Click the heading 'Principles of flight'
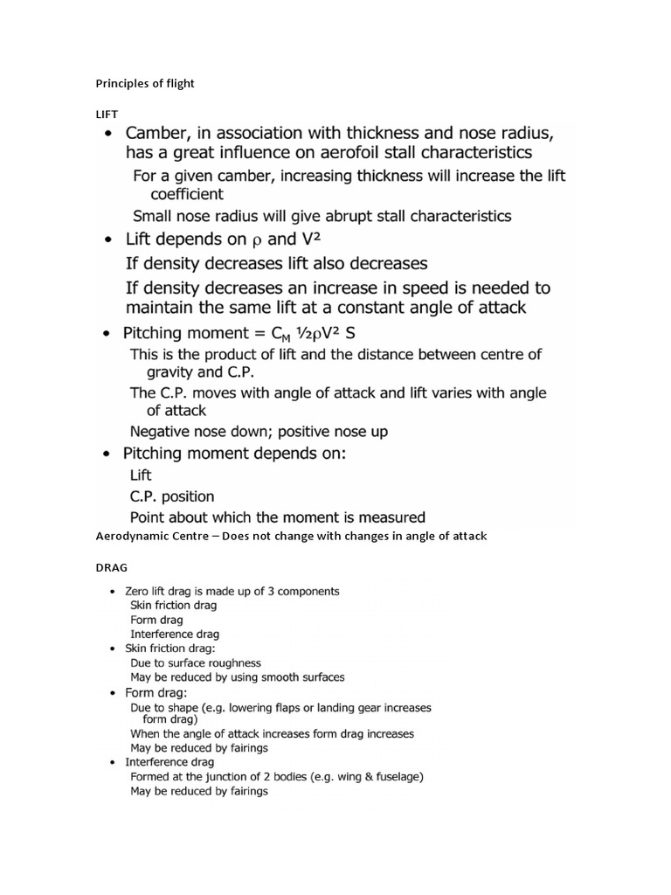point(144,84)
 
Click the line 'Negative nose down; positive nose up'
point(259,431)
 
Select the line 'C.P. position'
point(172,496)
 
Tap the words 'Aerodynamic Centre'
point(150,537)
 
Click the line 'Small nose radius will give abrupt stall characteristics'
point(322,215)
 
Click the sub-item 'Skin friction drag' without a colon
point(173,605)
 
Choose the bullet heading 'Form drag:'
point(150,692)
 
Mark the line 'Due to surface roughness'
point(195,663)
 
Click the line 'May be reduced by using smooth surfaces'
point(237,676)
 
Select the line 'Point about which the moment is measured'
point(277,517)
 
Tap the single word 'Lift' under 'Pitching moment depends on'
point(140,475)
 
